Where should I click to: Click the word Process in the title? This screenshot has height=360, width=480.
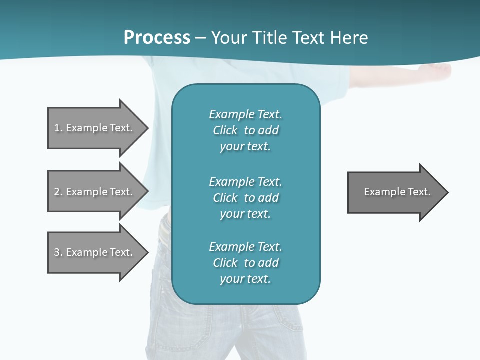point(157,38)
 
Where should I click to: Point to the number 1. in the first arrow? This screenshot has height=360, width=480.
point(58,128)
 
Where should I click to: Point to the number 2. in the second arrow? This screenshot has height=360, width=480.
point(58,192)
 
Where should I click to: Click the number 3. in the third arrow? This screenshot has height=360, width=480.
point(58,252)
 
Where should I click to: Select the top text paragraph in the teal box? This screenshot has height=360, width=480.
point(245,130)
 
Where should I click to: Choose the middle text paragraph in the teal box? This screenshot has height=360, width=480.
point(245,198)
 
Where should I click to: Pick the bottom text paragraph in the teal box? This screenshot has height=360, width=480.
point(245,263)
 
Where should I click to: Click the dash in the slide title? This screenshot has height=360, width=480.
point(200,38)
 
